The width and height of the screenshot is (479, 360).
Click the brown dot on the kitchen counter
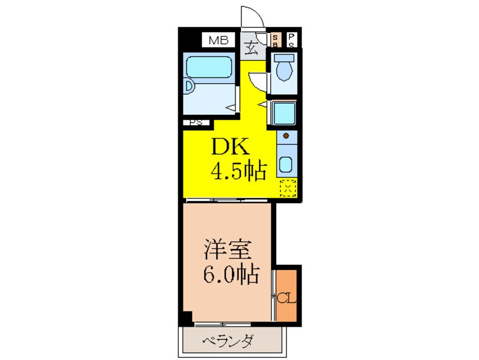tap(286, 136)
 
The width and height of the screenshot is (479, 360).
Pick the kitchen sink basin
tap(285, 165)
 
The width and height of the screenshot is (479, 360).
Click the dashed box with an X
tap(288, 187)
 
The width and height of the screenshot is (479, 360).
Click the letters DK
tap(229, 148)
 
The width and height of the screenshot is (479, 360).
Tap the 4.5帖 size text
tap(238, 171)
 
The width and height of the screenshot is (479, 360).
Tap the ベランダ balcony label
tap(229, 341)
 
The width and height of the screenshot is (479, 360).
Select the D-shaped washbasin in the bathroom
tap(190, 88)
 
